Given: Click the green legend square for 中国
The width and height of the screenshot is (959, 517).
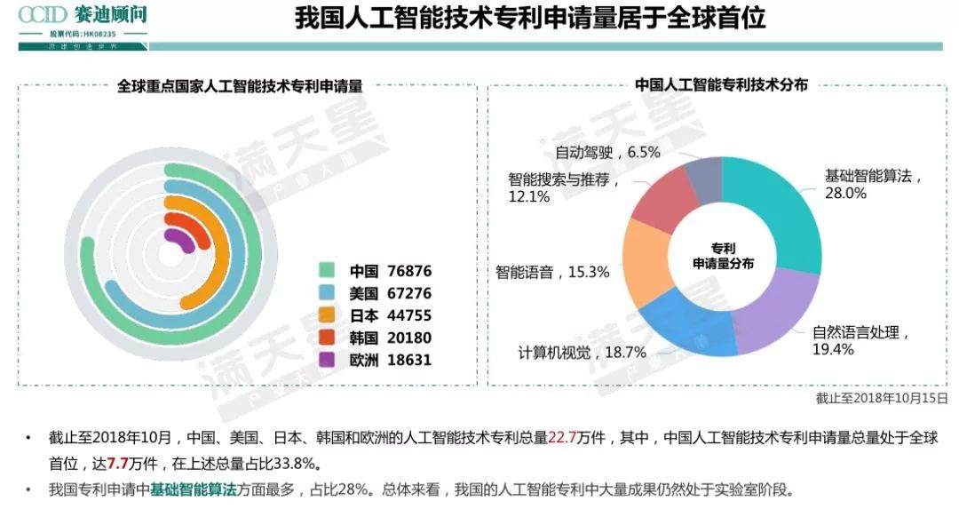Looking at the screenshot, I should [x=327, y=271].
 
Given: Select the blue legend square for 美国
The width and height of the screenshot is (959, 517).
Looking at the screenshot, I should [x=327, y=293].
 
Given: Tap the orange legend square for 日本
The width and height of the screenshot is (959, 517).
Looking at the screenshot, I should [x=327, y=315].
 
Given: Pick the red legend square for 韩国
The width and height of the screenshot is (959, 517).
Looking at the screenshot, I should [x=327, y=338].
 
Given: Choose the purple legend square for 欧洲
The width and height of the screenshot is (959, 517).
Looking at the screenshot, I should [x=327, y=360].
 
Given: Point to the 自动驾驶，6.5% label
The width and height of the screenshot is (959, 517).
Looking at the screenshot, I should [x=607, y=152].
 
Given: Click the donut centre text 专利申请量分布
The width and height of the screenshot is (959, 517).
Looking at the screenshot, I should [x=723, y=255].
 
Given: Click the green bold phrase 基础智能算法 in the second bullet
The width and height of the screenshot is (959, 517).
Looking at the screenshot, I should [x=194, y=489].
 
